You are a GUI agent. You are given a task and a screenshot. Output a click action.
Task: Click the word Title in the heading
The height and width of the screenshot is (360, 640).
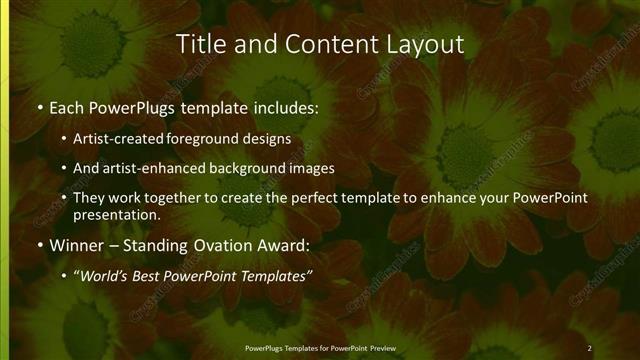point(197,45)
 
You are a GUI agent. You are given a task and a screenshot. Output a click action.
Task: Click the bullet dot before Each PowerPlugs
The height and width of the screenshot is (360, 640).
point(38,106)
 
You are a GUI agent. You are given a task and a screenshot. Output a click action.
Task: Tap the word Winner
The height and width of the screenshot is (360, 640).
point(75,246)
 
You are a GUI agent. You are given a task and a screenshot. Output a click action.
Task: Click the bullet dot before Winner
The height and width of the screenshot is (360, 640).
point(38,246)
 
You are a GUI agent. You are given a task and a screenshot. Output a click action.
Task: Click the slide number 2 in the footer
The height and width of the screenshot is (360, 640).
point(590,348)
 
